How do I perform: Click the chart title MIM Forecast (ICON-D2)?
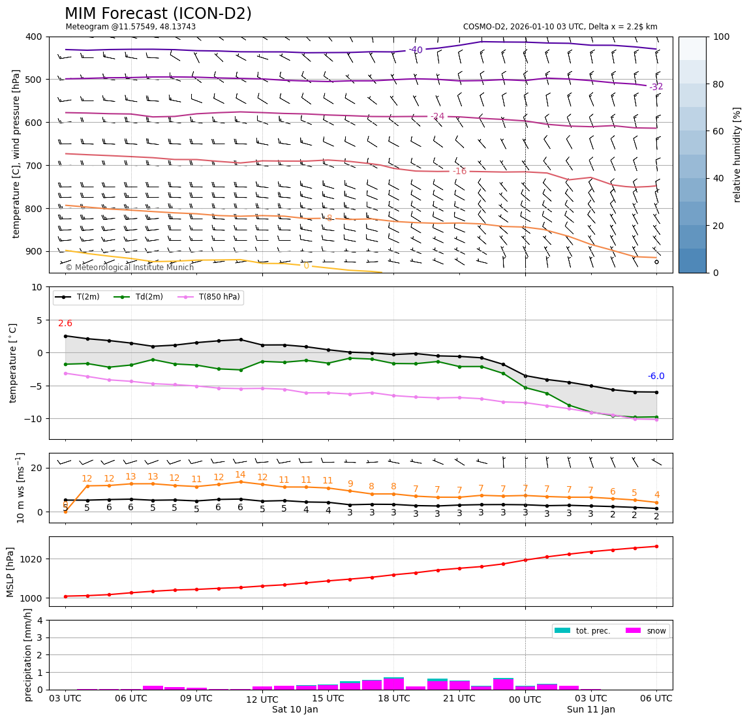point(158,14)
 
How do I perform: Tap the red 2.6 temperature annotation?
point(65,324)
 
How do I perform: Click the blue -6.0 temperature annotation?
point(656,376)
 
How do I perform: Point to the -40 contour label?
point(416,50)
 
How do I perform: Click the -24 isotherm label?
point(437,117)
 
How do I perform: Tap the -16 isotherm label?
point(460,172)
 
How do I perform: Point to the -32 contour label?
point(656,87)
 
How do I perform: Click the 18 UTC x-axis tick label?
point(393,699)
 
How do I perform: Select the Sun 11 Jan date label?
point(590,710)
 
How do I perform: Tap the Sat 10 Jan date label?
point(295,710)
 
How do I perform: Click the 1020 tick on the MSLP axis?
point(34,559)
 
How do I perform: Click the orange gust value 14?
point(240,475)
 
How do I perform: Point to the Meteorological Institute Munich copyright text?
point(130,268)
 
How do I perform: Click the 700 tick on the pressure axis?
point(33,166)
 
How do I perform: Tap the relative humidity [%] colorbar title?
point(737,155)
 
